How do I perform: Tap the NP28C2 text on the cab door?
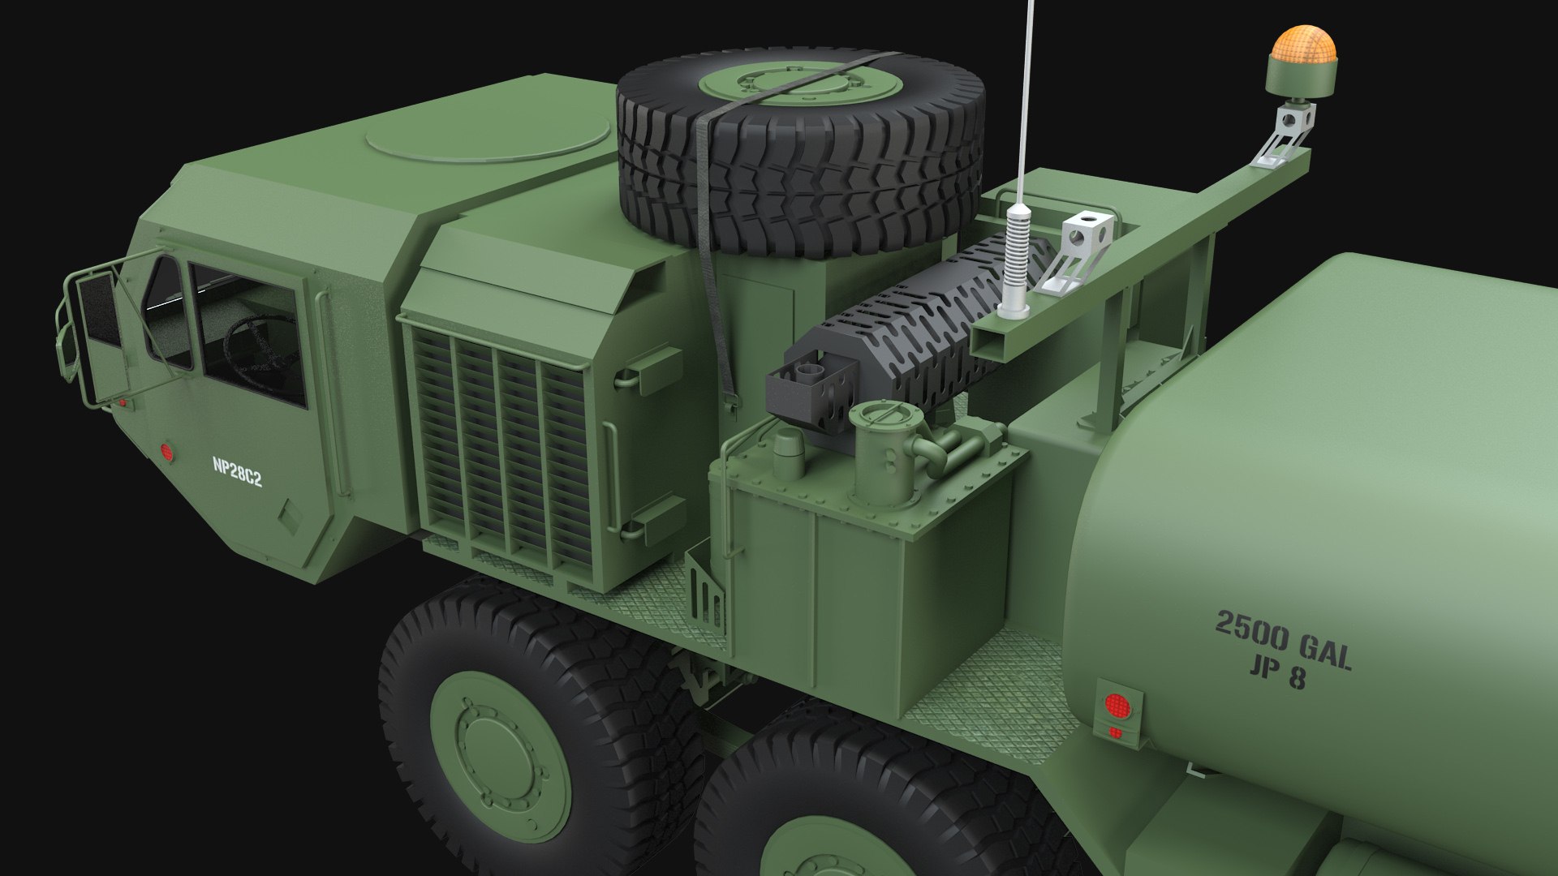pyautogui.click(x=237, y=472)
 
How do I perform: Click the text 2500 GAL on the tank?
pyautogui.click(x=1282, y=641)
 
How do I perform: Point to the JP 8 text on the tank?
pyautogui.click(x=1277, y=673)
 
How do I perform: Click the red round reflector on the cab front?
pyautogui.click(x=168, y=452)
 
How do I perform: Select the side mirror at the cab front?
pyautogui.click(x=99, y=308)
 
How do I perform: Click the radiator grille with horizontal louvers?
pyautogui.click(x=499, y=446)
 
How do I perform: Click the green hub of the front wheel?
pyautogui.click(x=495, y=750)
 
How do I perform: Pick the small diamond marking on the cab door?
pyautogui.click(x=288, y=515)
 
